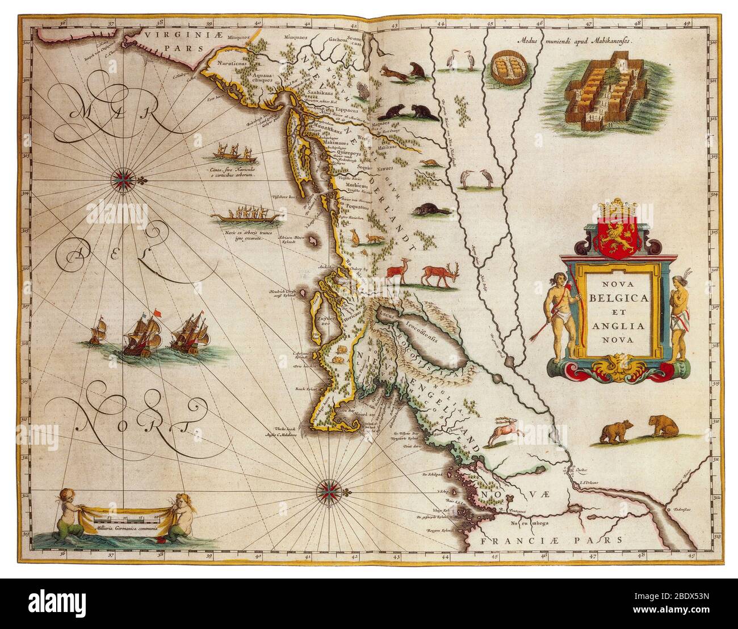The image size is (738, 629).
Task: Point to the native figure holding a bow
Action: click(563, 318)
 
